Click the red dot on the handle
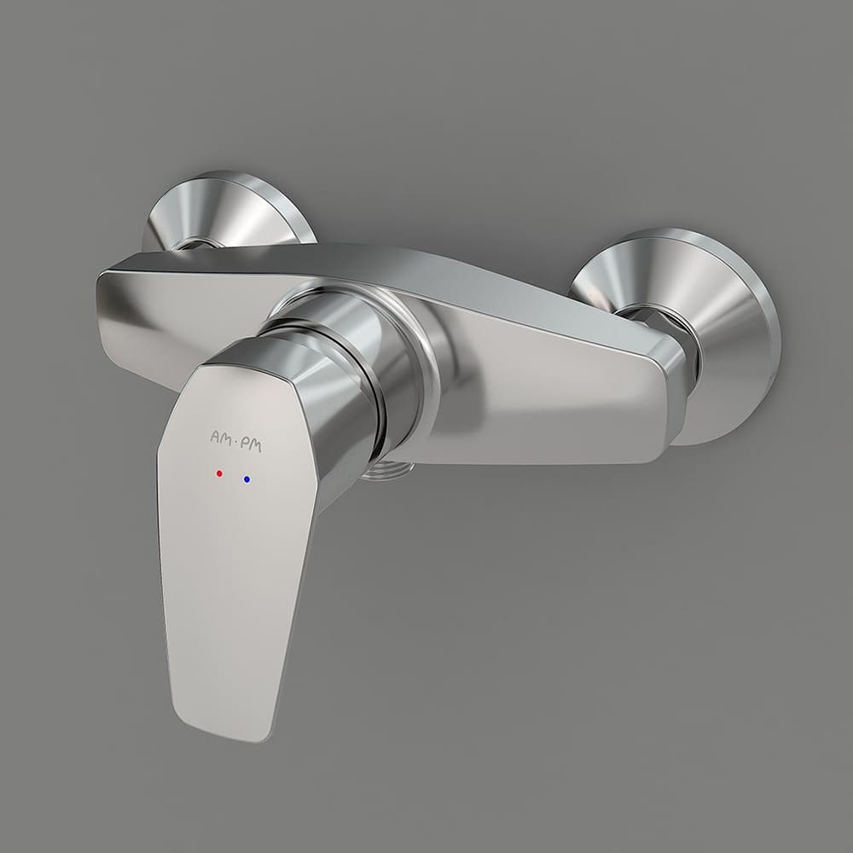(219, 473)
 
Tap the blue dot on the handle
(247, 479)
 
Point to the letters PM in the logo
(252, 445)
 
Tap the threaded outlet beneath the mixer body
(387, 469)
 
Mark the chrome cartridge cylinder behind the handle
(348, 348)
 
